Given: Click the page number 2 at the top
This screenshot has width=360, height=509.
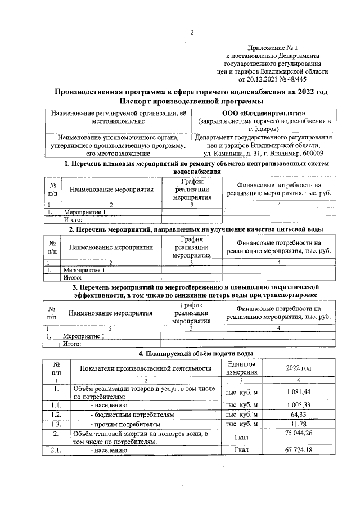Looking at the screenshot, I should [x=191, y=32].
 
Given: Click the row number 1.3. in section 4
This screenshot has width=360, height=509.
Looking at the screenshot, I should [x=56, y=424].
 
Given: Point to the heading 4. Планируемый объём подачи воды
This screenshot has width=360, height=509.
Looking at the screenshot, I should [x=196, y=353].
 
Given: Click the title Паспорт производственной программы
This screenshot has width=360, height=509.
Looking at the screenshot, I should [x=191, y=101].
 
